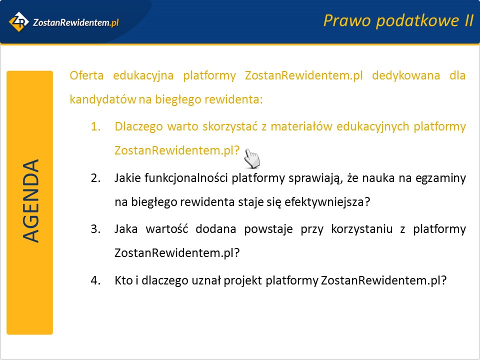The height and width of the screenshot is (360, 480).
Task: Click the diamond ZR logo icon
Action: click(18, 21)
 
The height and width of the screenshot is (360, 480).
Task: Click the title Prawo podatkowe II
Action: click(398, 21)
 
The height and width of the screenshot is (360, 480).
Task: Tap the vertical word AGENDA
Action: click(30, 201)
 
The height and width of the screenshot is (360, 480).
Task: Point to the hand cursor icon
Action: click(252, 158)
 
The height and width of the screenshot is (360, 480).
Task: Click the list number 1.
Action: click(96, 126)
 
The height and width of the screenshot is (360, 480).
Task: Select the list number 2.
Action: click(96, 178)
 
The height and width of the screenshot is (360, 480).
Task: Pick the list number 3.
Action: click(96, 229)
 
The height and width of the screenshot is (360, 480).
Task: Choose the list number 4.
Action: click(96, 280)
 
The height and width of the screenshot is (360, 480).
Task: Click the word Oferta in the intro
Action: click(86, 75)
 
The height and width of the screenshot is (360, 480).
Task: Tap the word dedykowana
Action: click(406, 76)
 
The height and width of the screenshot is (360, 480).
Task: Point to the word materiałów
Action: click(301, 126)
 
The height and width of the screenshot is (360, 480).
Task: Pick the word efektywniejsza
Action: click(327, 202)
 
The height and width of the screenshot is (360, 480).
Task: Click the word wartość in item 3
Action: click(167, 229)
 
